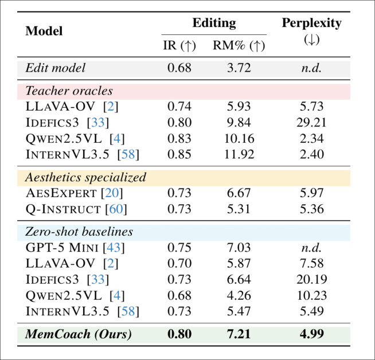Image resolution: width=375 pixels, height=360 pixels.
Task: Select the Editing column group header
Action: (213, 22)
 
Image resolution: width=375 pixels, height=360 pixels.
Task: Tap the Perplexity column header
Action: (311, 24)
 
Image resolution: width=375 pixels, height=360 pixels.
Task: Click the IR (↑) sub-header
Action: (179, 46)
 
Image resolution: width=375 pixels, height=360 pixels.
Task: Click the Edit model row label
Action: (56, 68)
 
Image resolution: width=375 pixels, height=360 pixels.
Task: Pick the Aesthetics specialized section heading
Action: (85, 177)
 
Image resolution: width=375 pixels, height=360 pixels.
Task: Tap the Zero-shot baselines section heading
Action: (79, 232)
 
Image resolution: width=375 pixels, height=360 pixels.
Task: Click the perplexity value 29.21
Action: (312, 123)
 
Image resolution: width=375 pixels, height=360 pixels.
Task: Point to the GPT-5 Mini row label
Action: (62, 248)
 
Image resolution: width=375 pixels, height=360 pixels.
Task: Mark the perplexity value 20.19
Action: (312, 280)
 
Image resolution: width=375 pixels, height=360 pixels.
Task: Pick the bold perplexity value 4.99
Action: (312, 334)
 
